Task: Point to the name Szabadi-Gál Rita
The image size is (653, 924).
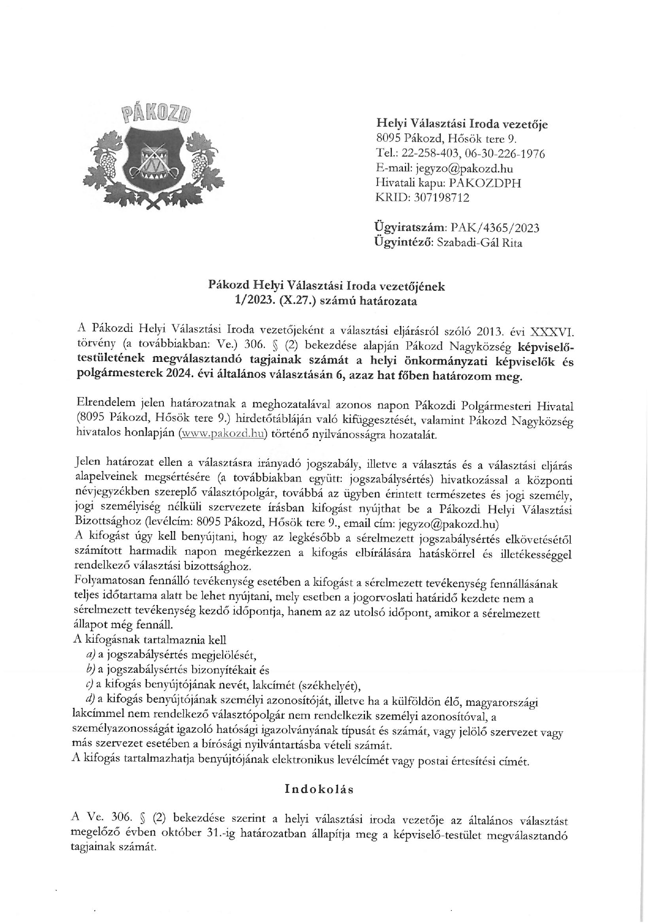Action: click(480, 243)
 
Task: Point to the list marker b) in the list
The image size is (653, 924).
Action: click(90, 670)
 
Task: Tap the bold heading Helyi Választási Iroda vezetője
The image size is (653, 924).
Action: click(461, 124)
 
